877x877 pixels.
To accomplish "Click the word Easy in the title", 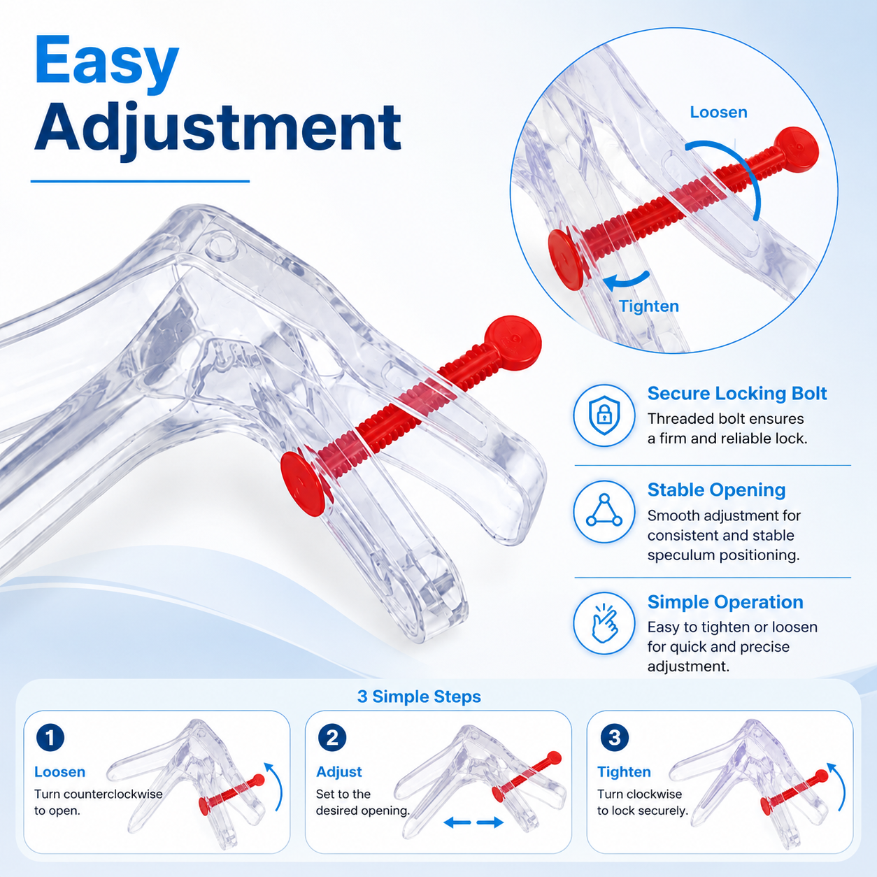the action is pyautogui.click(x=106, y=63).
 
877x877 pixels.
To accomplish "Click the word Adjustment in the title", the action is pyautogui.click(x=218, y=129).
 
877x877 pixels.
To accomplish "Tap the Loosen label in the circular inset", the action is pyautogui.click(x=719, y=112).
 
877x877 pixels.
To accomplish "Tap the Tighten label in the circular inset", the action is pyautogui.click(x=649, y=306).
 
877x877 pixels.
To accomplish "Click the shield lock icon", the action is pyautogui.click(x=604, y=415).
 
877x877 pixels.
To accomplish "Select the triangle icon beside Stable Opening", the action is pyautogui.click(x=604, y=511).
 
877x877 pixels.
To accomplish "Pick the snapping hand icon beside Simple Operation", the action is pyautogui.click(x=604, y=624).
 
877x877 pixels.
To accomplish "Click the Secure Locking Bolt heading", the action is pyautogui.click(x=737, y=394).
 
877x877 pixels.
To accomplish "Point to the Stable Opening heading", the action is pyautogui.click(x=716, y=490).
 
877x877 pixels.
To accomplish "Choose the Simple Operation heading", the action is pyautogui.click(x=725, y=602).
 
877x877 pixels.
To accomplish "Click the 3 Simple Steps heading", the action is pyautogui.click(x=419, y=697).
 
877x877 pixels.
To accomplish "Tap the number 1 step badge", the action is pyautogui.click(x=50, y=738).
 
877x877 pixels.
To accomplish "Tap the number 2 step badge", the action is pyautogui.click(x=332, y=738).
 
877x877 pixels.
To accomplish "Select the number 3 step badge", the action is pyautogui.click(x=615, y=738).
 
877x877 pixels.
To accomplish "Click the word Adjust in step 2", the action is pyautogui.click(x=339, y=772).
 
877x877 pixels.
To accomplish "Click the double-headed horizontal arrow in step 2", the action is pyautogui.click(x=473, y=822).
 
